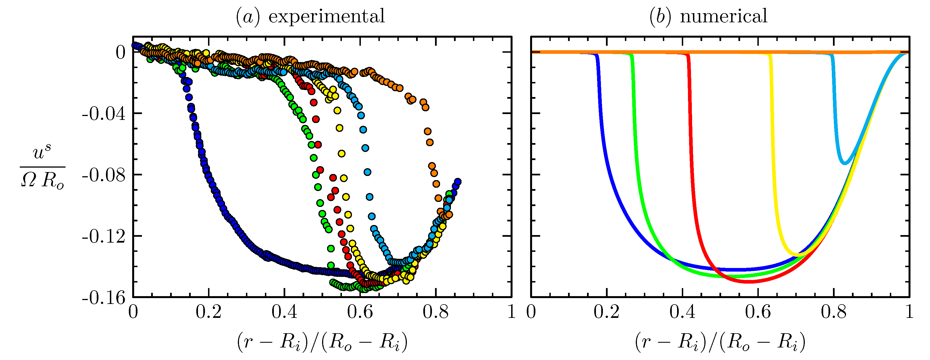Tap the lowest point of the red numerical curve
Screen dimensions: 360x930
coord(749,281)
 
